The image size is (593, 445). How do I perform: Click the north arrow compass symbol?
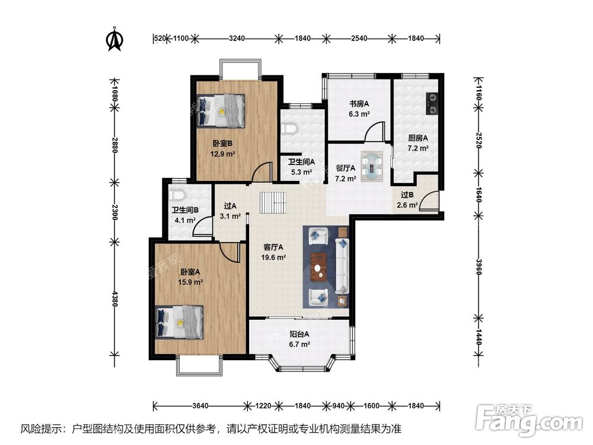(x=114, y=39)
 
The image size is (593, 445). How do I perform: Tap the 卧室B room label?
(x=222, y=144)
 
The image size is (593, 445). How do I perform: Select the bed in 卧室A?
(x=180, y=322)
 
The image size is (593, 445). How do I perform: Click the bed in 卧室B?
(x=221, y=111)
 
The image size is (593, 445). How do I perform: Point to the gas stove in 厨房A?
(x=432, y=104)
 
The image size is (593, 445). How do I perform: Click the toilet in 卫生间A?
(x=290, y=128)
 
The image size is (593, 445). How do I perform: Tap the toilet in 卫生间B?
(x=177, y=195)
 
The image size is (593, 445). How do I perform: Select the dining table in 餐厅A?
(x=371, y=166)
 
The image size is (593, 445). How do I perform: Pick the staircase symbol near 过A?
(x=273, y=203)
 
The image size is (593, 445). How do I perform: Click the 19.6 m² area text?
(x=273, y=258)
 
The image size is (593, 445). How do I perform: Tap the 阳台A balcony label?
(x=299, y=334)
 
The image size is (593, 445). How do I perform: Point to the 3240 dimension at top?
(x=237, y=38)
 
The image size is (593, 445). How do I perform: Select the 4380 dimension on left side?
(x=115, y=298)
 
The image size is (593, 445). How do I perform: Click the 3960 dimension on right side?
(x=479, y=267)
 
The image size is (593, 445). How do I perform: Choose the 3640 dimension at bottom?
(x=200, y=406)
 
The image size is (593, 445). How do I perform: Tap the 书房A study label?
(x=359, y=103)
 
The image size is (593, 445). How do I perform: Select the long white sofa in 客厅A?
(x=342, y=266)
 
